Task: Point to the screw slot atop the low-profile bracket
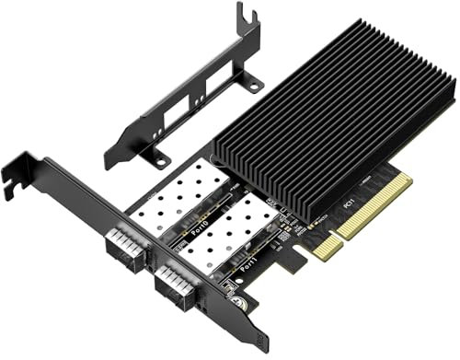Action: [x=243, y=15]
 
